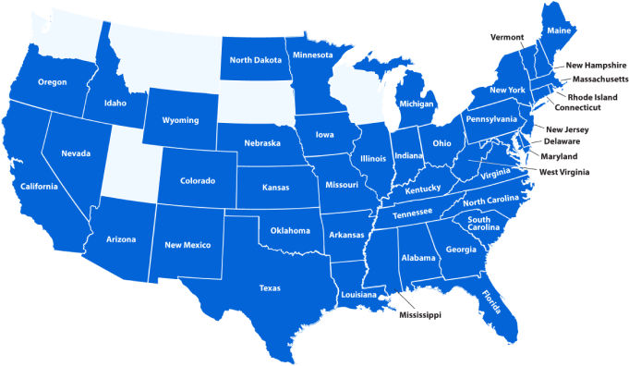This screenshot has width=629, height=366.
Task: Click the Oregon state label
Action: [52, 82]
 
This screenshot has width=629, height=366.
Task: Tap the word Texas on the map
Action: [270, 287]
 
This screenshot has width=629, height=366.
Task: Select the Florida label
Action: [492, 301]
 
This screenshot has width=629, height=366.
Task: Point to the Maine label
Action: [559, 31]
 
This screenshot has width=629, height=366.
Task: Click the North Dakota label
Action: [256, 61]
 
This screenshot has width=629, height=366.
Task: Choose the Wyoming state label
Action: [180, 120]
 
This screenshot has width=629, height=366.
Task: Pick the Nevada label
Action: [76, 152]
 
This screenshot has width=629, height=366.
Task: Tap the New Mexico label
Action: [187, 245]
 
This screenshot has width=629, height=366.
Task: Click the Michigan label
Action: [417, 105]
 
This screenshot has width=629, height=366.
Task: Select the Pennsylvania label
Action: [490, 119]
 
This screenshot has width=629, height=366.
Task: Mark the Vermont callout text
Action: [507, 38]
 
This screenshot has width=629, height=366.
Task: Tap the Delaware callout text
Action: [562, 141]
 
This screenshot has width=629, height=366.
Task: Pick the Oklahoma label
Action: [291, 230]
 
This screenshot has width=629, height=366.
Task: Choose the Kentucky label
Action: [423, 189]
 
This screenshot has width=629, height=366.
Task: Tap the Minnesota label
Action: [312, 55]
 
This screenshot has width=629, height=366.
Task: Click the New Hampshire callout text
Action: [596, 66]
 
